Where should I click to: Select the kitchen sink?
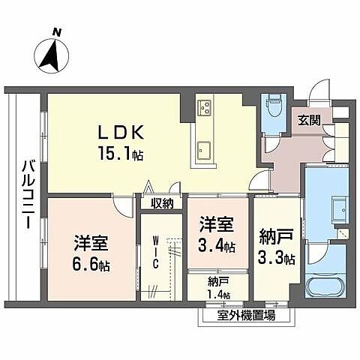point(202,149)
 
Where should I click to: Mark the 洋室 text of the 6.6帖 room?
point(91,243)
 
